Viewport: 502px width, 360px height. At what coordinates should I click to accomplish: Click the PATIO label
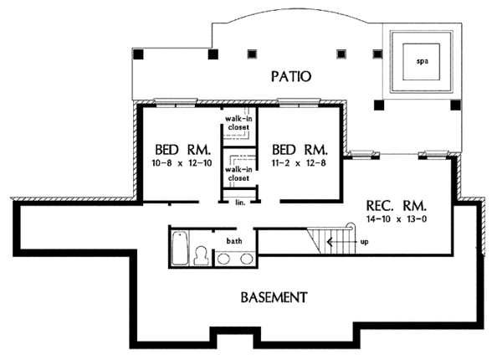pyautogui.click(x=291, y=76)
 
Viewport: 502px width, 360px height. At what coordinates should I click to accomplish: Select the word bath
pyautogui.click(x=233, y=241)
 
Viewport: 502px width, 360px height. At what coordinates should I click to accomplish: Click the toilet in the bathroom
pyautogui.click(x=200, y=255)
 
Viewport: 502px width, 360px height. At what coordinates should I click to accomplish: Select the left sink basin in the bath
pyautogui.click(x=224, y=258)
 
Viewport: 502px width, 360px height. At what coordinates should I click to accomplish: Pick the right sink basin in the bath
pyautogui.click(x=244, y=258)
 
